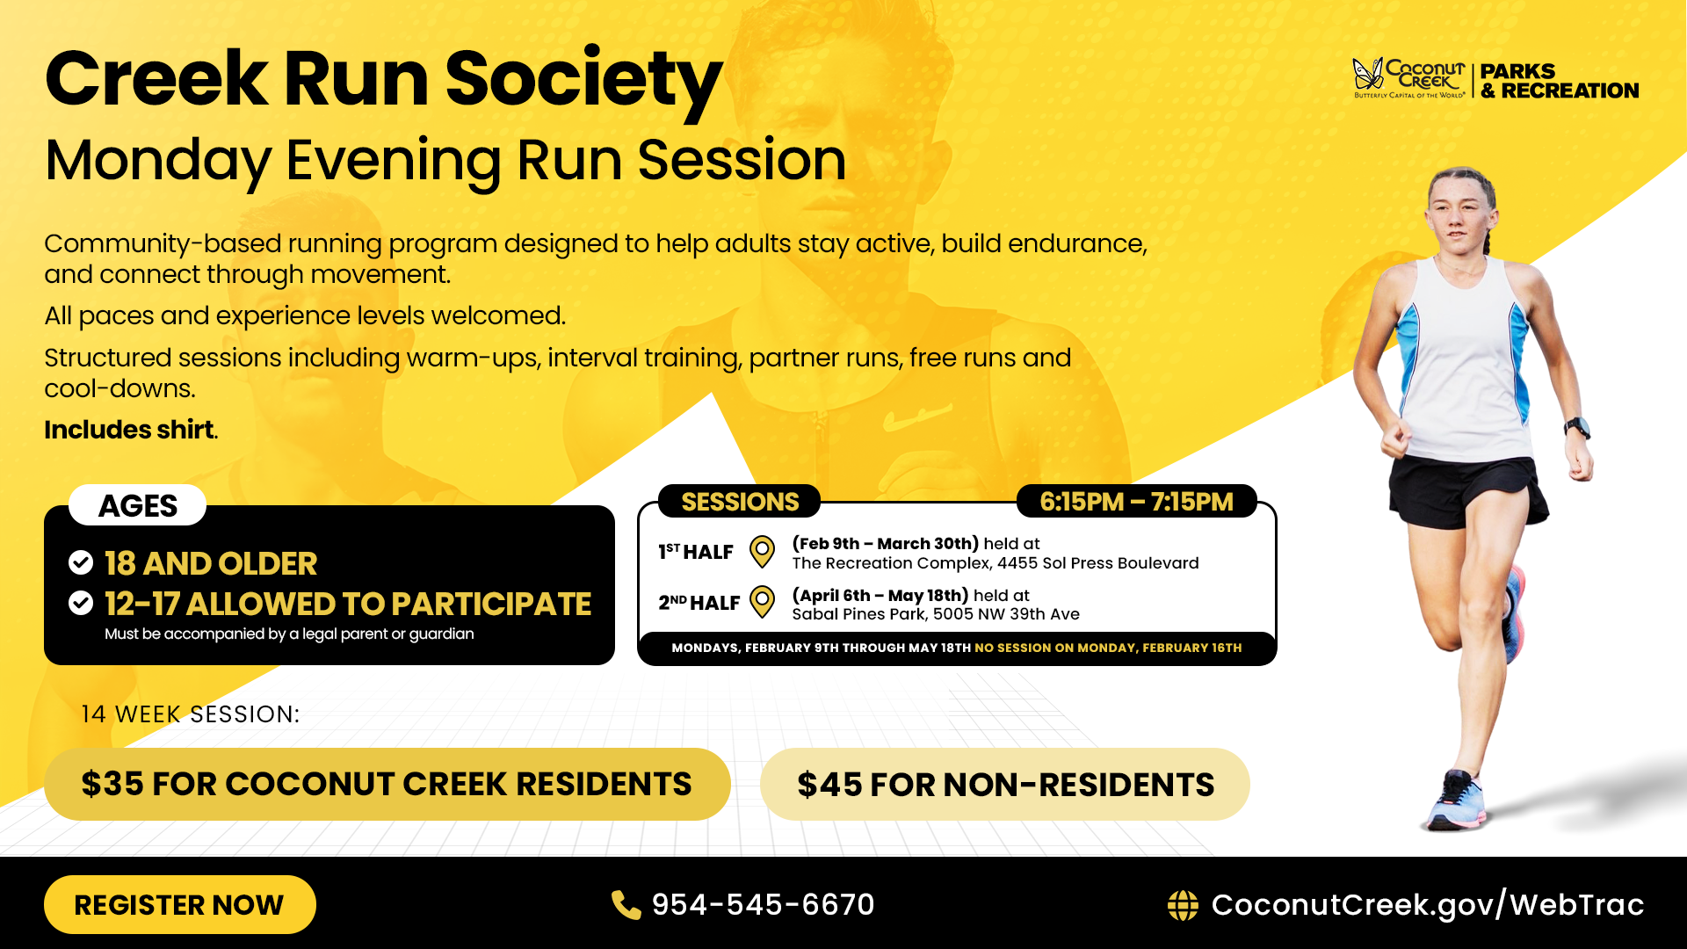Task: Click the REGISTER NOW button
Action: click(x=179, y=904)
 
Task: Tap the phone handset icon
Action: click(x=626, y=904)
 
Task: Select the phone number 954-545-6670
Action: click(x=763, y=904)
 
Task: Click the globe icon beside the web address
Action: click(x=1183, y=904)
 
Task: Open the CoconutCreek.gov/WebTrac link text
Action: click(x=1427, y=904)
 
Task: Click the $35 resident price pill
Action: click(x=387, y=784)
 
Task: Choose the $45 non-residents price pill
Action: click(x=1005, y=784)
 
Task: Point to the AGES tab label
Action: click(x=138, y=505)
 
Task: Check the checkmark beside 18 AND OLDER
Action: click(x=81, y=562)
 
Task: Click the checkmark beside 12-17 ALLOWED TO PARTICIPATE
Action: click(x=81, y=603)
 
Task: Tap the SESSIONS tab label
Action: click(x=740, y=502)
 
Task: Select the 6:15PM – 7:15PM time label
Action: click(x=1136, y=502)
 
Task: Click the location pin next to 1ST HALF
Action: click(x=762, y=552)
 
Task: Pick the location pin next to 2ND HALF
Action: click(x=762, y=602)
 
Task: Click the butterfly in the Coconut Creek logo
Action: click(x=1366, y=75)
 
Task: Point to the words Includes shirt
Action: click(x=130, y=430)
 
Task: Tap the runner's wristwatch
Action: click(x=1577, y=428)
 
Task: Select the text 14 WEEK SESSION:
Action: click(x=190, y=714)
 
